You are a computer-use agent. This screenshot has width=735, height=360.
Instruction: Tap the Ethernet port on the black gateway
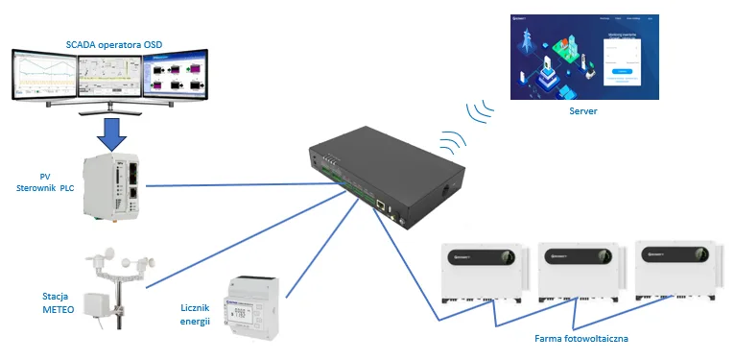(381, 205)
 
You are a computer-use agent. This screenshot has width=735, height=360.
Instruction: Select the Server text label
(583, 112)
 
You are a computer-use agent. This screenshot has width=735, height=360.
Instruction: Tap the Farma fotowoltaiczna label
(581, 338)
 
